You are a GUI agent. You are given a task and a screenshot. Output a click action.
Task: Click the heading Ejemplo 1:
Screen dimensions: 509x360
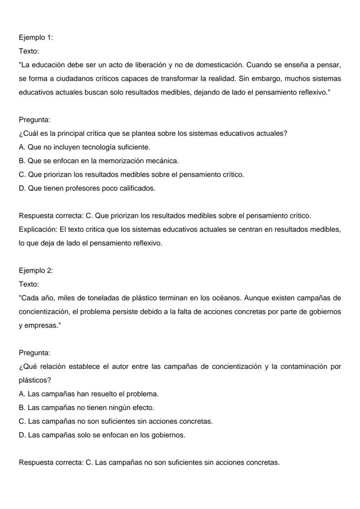click(36, 37)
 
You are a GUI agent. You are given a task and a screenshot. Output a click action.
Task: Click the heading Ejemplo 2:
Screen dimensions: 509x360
click(36, 270)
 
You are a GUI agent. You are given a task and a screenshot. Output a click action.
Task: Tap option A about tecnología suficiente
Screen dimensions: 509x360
click(85, 147)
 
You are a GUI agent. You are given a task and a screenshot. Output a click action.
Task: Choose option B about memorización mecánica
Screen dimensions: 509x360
click(99, 161)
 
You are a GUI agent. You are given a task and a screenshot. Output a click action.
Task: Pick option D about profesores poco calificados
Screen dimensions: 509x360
click(87, 188)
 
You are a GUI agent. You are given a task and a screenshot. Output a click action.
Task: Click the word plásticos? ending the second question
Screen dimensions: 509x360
click(35, 380)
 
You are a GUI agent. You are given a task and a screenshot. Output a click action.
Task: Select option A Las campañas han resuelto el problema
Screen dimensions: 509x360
click(89, 394)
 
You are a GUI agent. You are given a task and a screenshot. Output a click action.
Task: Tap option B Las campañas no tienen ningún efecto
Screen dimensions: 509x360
click(87, 408)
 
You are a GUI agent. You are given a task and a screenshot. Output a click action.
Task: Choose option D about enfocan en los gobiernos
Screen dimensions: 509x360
click(102, 435)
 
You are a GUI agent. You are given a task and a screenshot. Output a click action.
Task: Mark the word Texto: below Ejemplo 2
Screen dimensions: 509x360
click(29, 284)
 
